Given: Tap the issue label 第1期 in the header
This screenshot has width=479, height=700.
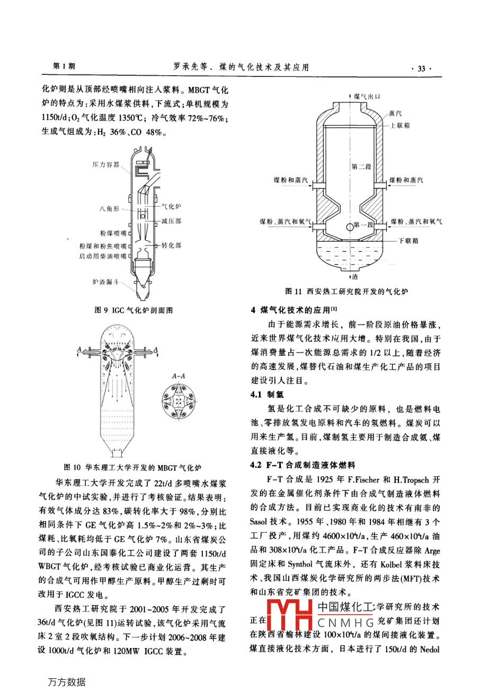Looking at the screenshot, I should [65, 66].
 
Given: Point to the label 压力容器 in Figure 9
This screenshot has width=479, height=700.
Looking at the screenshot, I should [105, 165].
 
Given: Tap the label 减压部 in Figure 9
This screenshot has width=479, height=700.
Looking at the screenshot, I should [171, 221].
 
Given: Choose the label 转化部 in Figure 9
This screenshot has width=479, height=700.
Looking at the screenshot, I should [171, 246].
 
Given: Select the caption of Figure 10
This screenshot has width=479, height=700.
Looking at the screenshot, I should [132, 467].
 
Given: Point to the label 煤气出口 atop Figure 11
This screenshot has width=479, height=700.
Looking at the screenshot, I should [367, 97].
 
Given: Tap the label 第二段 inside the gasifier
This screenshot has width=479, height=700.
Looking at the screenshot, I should [361, 167].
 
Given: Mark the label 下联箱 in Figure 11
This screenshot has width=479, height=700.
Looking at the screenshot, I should [409, 241].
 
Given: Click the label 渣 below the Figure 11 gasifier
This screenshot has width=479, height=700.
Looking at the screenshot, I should [355, 277].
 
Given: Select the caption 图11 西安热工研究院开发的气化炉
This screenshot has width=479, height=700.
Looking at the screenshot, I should [347, 291].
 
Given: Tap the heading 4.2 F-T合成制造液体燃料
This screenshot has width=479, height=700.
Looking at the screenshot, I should [303, 465].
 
